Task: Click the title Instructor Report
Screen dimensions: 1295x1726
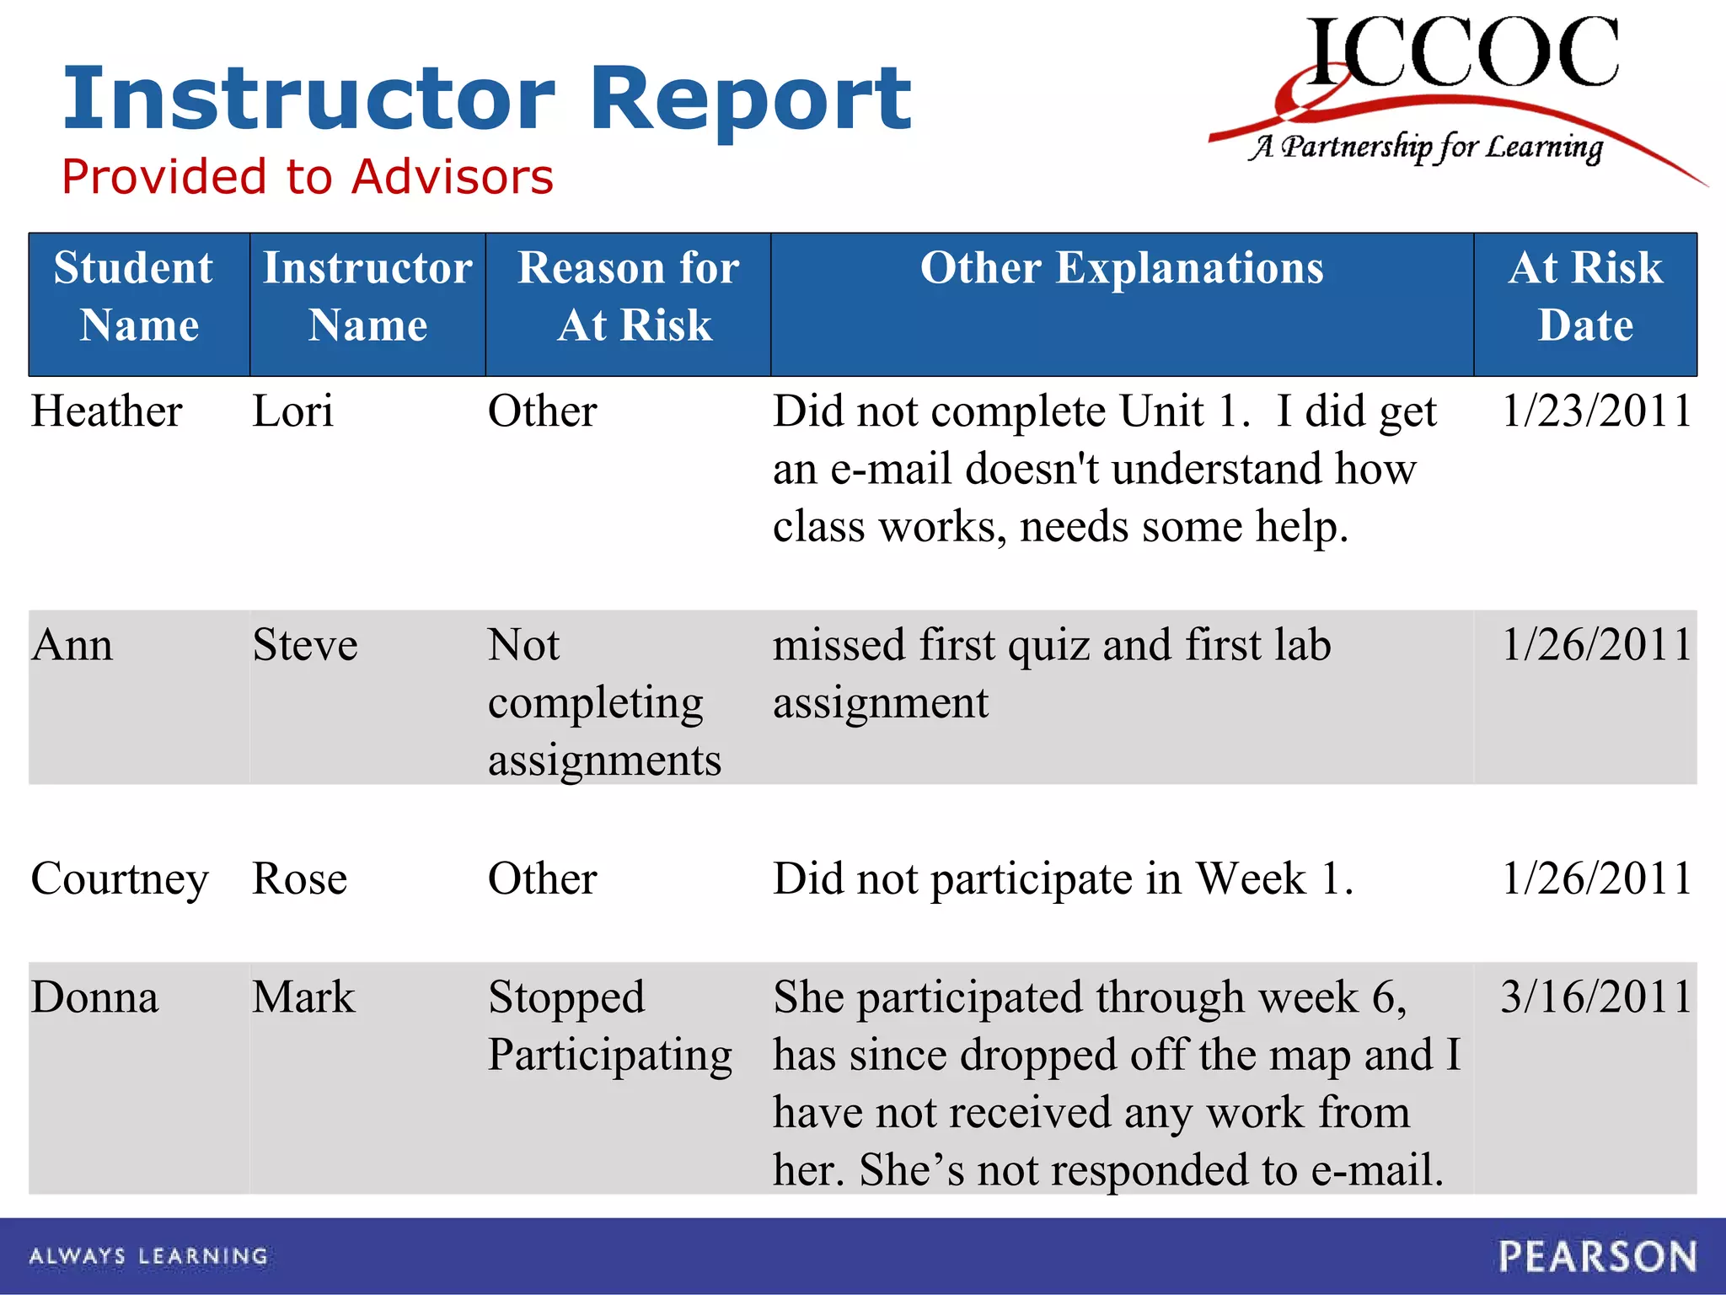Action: click(x=487, y=99)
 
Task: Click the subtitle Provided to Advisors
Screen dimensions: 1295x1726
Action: click(x=308, y=177)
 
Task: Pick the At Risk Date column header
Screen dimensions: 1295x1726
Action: click(x=1584, y=297)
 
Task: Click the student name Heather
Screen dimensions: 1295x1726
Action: click(x=106, y=412)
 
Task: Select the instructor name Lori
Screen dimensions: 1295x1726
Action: click(x=292, y=412)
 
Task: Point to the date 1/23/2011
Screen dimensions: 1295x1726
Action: click(x=1595, y=412)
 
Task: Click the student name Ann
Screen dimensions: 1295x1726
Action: click(x=72, y=646)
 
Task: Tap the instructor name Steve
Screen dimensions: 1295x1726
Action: click(x=305, y=646)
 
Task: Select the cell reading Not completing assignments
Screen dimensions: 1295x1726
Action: click(x=603, y=702)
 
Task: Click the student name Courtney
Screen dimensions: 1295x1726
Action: click(x=120, y=879)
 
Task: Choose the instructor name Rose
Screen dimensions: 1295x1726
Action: click(x=299, y=879)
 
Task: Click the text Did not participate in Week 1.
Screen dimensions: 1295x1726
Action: click(x=1063, y=879)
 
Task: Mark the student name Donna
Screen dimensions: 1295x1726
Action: click(x=94, y=997)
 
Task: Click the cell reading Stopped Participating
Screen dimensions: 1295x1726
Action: click(x=608, y=1026)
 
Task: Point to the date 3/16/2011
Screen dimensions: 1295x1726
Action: click(x=1595, y=997)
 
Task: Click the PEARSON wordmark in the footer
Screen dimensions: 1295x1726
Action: click(x=1597, y=1256)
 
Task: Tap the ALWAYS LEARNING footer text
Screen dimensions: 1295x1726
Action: click(x=148, y=1256)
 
